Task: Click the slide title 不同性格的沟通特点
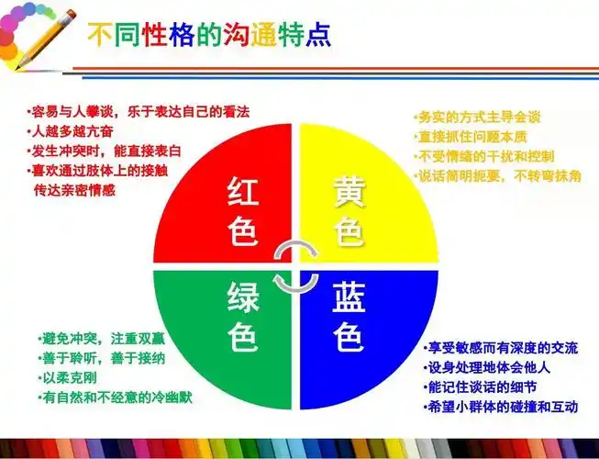pyautogui.click(x=209, y=35)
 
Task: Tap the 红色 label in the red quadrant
pyautogui.click(x=243, y=212)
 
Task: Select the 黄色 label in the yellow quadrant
pyautogui.click(x=349, y=212)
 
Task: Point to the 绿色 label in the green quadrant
pyautogui.click(x=243, y=318)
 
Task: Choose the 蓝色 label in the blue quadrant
pyautogui.click(x=349, y=318)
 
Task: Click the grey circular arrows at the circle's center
pyautogui.click(x=298, y=265)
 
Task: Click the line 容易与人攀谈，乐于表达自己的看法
pyautogui.click(x=138, y=112)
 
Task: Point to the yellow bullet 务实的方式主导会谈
pyautogui.click(x=477, y=117)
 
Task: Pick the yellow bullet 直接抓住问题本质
pyautogui.click(x=471, y=137)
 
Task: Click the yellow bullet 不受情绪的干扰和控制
pyautogui.click(x=483, y=156)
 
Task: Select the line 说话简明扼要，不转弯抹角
pyautogui.click(x=497, y=175)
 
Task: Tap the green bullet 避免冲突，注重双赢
pyautogui.click(x=102, y=339)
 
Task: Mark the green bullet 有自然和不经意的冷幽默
pyautogui.click(x=115, y=397)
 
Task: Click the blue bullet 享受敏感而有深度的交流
pyautogui.click(x=501, y=348)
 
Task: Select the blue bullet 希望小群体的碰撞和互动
pyautogui.click(x=501, y=407)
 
